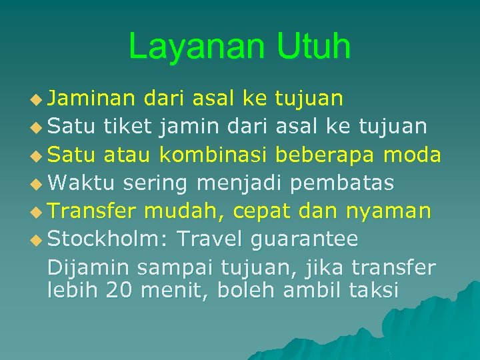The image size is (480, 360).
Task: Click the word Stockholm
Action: (x=109, y=238)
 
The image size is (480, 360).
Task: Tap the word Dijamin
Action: (x=88, y=268)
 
